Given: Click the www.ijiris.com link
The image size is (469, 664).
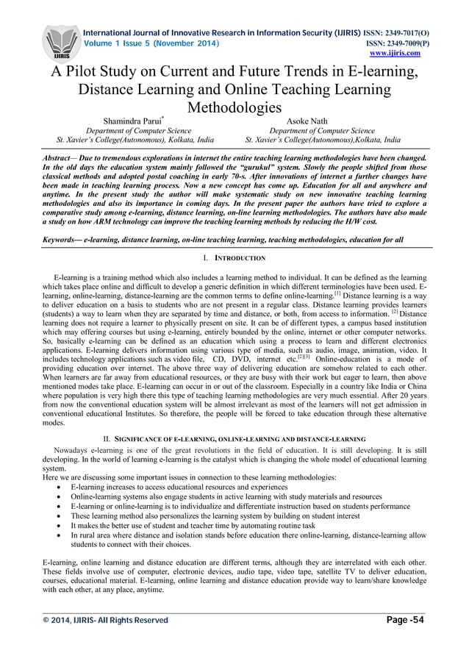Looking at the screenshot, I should point(395,53).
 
